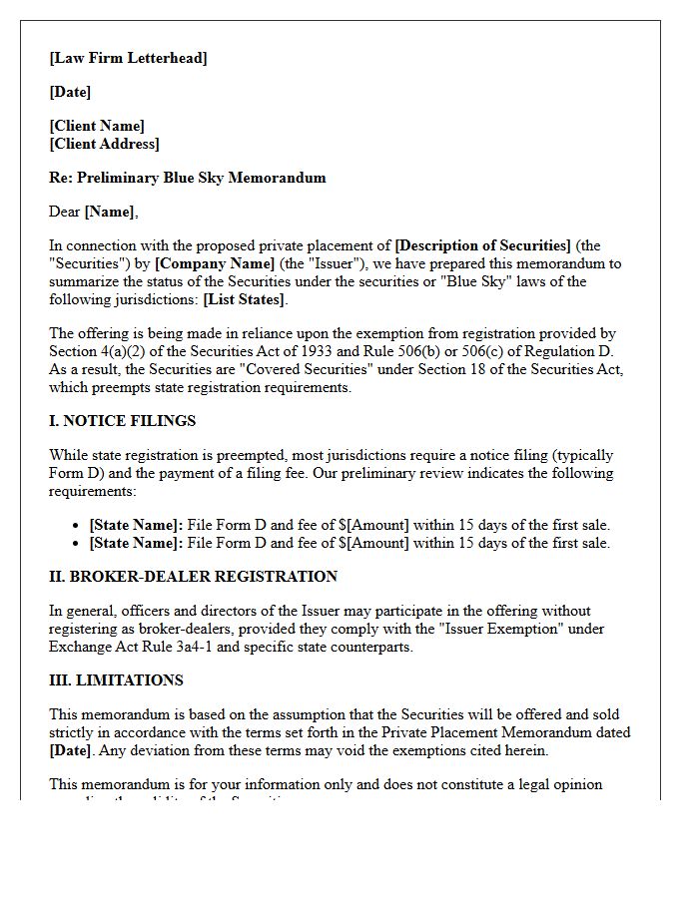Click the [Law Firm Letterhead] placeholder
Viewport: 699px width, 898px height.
tap(128, 58)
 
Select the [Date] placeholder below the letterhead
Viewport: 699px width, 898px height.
tap(70, 92)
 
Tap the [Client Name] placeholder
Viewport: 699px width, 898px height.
tap(97, 126)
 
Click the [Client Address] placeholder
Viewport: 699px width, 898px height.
tap(104, 144)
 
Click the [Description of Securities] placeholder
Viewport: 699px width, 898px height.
tap(483, 245)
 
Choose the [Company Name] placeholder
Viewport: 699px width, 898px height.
tap(215, 263)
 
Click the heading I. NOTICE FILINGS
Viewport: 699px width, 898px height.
tap(122, 421)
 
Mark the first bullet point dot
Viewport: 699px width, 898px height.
tap(77, 526)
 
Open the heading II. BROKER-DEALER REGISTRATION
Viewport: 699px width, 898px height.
tap(193, 577)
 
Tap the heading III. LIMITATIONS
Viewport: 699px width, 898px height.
tap(116, 680)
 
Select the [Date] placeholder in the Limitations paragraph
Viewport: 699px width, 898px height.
tap(70, 750)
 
